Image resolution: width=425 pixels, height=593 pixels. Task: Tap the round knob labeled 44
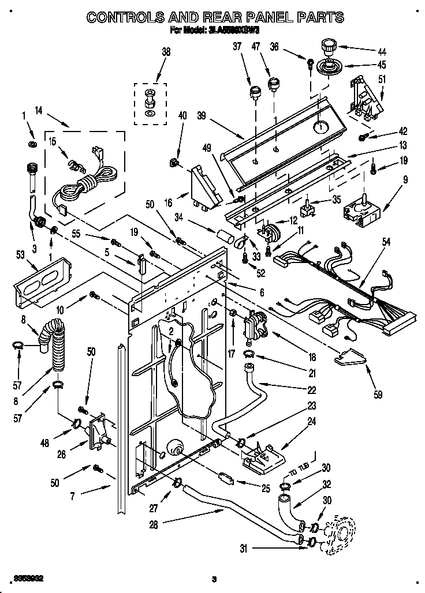point(329,45)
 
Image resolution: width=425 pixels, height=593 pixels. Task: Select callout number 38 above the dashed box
point(166,52)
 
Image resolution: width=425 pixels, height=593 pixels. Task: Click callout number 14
point(39,111)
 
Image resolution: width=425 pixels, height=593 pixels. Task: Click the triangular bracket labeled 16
point(203,187)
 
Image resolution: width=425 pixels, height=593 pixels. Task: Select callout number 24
point(311,422)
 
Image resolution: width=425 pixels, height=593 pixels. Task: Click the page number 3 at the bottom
point(214,579)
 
